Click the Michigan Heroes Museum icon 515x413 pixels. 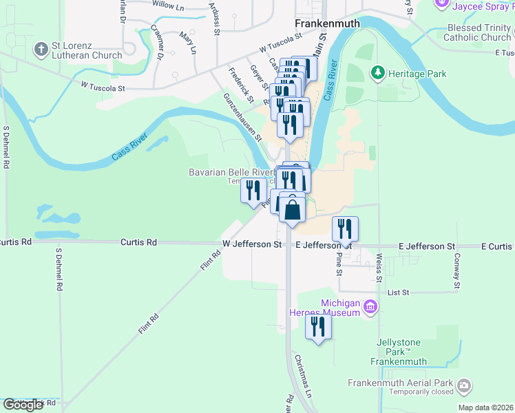coord(370,306)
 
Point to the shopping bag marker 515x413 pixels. coord(293,209)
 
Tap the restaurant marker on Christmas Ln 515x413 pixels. coord(318,326)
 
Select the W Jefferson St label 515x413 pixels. coord(252,244)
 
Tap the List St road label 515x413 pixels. coord(399,293)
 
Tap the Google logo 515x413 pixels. coord(23,405)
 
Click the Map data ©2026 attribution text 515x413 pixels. coord(485,407)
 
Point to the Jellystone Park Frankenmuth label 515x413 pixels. coord(398,352)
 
